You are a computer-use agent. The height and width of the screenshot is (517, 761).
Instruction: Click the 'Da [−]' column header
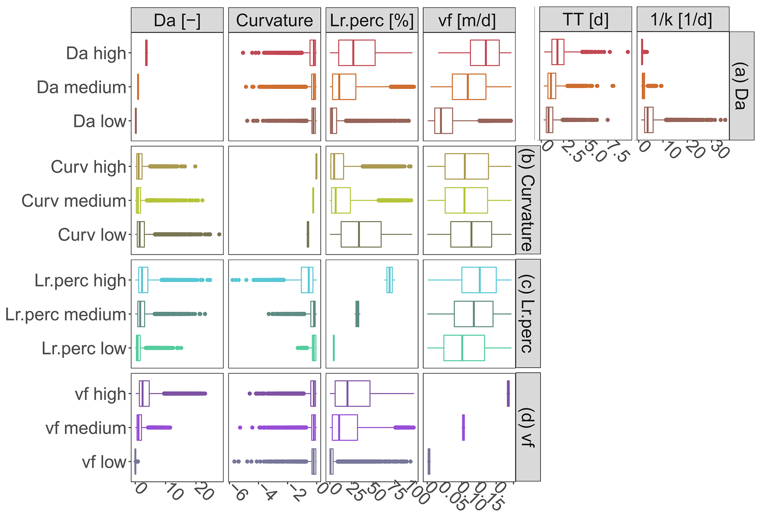coord(177,21)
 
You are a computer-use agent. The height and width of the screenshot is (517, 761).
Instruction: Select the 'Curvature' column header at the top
coord(274,21)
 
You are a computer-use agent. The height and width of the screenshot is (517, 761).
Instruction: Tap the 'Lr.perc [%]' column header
coord(372,21)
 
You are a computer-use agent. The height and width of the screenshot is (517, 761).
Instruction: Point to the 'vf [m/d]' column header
coord(469,21)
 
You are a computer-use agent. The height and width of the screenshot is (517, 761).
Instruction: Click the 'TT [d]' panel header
coord(585,20)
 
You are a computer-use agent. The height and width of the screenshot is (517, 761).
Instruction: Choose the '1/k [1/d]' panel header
coord(683,20)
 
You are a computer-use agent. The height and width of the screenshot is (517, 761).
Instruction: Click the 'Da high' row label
coord(96,53)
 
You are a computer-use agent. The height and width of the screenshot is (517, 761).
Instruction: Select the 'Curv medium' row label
coord(74,201)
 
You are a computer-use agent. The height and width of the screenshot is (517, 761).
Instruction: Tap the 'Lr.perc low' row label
coord(84,349)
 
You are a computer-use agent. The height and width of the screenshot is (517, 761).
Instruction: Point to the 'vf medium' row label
coord(86,428)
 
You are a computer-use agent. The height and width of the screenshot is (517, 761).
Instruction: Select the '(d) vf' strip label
coord(528,427)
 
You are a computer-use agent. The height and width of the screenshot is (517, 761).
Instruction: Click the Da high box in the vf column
coord(485,53)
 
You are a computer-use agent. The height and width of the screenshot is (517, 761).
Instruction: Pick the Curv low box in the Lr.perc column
coord(361,234)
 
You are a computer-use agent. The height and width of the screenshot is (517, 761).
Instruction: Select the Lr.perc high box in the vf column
coord(479,280)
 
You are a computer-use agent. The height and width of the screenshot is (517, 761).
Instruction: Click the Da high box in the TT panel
coord(558,52)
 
